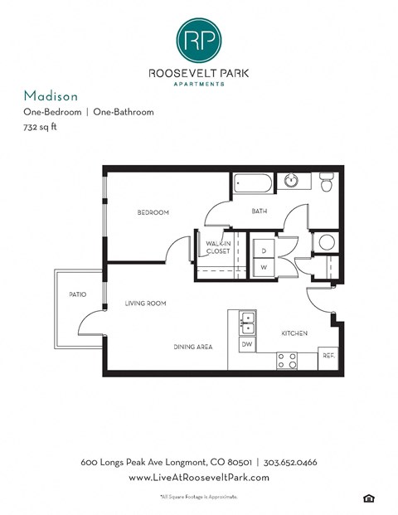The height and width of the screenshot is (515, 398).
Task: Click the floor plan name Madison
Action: click(47, 95)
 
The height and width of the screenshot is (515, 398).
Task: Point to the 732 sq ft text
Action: click(41, 128)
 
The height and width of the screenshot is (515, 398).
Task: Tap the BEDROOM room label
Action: click(153, 213)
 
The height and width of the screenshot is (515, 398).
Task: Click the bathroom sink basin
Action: click(292, 180)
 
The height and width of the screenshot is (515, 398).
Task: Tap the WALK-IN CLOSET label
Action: click(219, 246)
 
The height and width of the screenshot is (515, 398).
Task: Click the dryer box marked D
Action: click(264, 250)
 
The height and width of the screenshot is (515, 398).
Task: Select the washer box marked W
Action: click(264, 268)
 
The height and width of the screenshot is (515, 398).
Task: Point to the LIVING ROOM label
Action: click(145, 304)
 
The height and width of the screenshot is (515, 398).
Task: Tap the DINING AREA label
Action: click(192, 347)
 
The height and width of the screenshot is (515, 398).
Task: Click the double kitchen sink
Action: click(247, 320)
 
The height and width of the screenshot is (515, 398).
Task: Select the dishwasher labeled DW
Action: click(246, 343)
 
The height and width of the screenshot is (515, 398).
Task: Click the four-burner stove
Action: click(286, 360)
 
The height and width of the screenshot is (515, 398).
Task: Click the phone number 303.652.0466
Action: click(293, 462)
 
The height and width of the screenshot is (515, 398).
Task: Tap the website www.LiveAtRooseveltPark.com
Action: click(199, 479)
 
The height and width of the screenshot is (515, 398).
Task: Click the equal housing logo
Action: click(367, 497)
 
